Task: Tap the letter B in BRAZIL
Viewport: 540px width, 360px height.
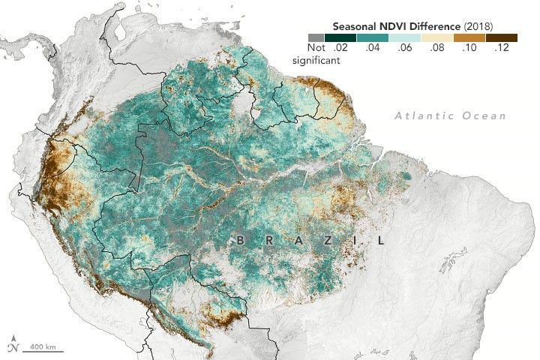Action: pyautogui.click(x=240, y=241)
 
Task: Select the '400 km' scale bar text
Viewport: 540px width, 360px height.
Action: pyautogui.click(x=46, y=346)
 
